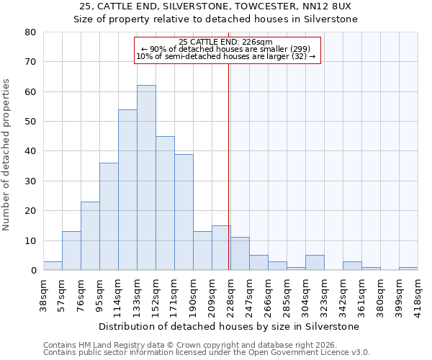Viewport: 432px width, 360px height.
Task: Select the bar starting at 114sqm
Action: point(127,190)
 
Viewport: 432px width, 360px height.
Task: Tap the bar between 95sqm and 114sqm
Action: point(109,217)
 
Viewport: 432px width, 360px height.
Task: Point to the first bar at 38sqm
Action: point(53,266)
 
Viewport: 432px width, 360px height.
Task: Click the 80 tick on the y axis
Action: point(30,32)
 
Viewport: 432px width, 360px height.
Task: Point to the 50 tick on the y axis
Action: point(30,122)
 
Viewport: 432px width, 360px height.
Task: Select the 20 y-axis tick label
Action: point(30,211)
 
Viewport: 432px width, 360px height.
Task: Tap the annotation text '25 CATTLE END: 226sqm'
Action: point(225,42)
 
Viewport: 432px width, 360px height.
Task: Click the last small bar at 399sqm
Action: point(408,269)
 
